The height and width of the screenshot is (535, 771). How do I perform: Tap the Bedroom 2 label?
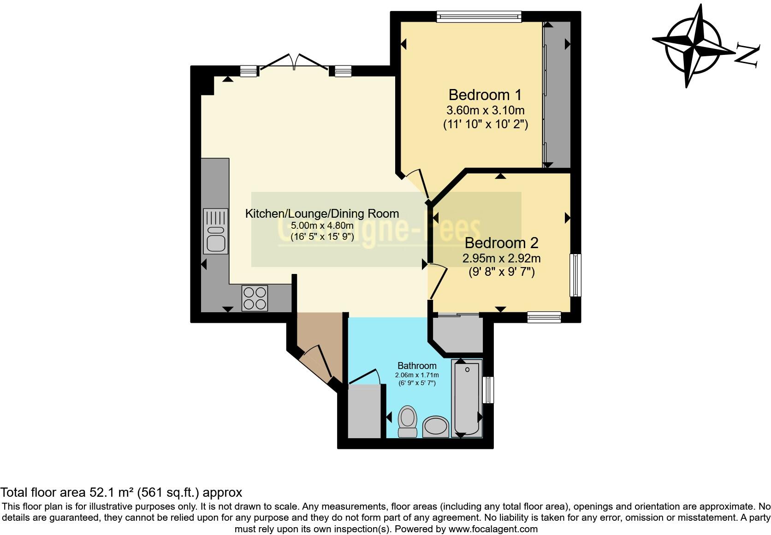click(501, 243)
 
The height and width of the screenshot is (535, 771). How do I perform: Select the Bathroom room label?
click(417, 366)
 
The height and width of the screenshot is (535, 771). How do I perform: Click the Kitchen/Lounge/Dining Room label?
click(322, 214)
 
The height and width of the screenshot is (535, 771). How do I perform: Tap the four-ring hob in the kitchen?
click(255, 298)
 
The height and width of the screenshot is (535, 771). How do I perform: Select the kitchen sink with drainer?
click(216, 231)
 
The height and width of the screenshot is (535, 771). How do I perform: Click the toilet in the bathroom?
click(407, 421)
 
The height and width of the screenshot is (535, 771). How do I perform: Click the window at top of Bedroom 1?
click(479, 17)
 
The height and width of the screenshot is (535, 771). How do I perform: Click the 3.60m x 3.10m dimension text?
click(485, 111)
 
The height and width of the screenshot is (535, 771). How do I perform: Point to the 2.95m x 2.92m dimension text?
click(501, 259)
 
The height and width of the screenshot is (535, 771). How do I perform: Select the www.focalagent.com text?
click(492, 529)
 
